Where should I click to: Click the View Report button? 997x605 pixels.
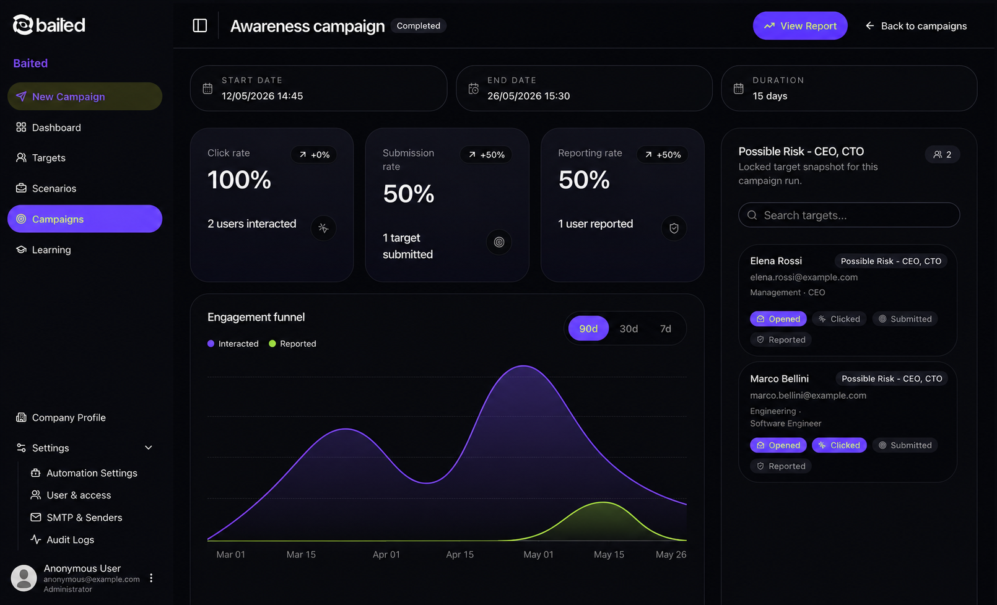800,26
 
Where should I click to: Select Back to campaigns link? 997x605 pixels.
916,26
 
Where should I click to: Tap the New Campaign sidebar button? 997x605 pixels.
85,96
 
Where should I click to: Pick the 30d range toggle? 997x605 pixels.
629,329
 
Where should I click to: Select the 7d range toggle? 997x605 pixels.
666,329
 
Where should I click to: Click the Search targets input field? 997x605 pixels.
849,215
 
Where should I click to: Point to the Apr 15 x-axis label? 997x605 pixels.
459,554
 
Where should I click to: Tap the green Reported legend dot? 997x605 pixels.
272,343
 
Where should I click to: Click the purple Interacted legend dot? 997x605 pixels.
211,343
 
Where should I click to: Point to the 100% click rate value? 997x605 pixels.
239,180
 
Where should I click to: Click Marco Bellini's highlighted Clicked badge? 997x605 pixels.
839,445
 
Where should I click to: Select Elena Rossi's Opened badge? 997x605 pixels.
778,319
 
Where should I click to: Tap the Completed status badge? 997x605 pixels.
419,26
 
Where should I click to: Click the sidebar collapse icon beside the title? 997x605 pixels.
200,25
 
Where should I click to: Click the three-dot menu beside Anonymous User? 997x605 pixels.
151,578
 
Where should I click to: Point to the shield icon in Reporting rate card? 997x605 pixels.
674,228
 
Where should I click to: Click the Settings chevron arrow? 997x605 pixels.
148,448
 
